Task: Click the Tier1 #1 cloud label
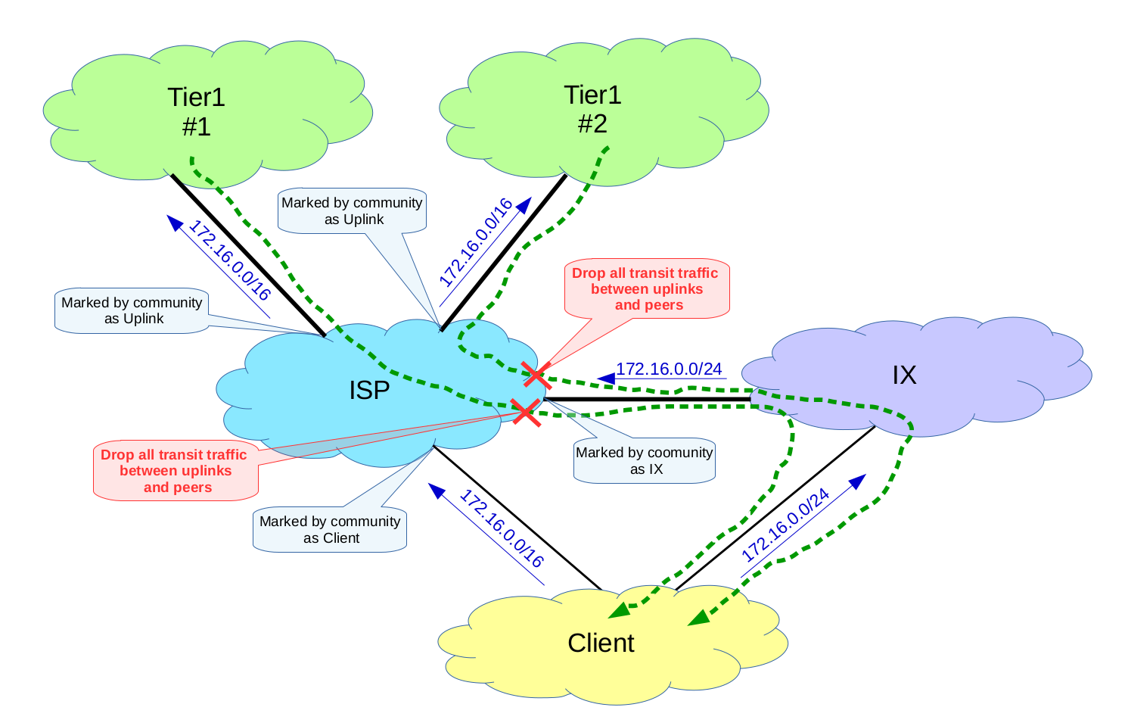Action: point(196,111)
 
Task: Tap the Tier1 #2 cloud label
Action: point(592,109)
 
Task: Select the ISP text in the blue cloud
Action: point(369,391)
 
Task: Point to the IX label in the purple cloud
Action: point(904,375)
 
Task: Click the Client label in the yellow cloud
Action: point(601,643)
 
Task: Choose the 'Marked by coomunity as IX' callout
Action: point(644,460)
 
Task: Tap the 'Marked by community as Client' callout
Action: point(330,529)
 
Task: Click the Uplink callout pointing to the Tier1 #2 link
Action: point(352,211)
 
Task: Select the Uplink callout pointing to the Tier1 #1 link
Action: point(132,310)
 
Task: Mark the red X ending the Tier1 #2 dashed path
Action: point(536,375)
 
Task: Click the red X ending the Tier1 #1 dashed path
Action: point(527,412)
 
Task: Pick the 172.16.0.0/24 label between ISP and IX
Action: point(669,369)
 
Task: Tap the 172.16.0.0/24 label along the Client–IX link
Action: point(785,525)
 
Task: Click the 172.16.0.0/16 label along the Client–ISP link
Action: point(502,528)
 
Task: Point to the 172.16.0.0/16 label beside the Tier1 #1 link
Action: point(230,260)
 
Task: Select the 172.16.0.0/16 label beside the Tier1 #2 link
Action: point(476,242)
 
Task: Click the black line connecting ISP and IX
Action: point(648,399)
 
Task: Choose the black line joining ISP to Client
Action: point(517,518)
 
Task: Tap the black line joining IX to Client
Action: point(775,508)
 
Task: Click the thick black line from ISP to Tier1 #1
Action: point(248,255)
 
